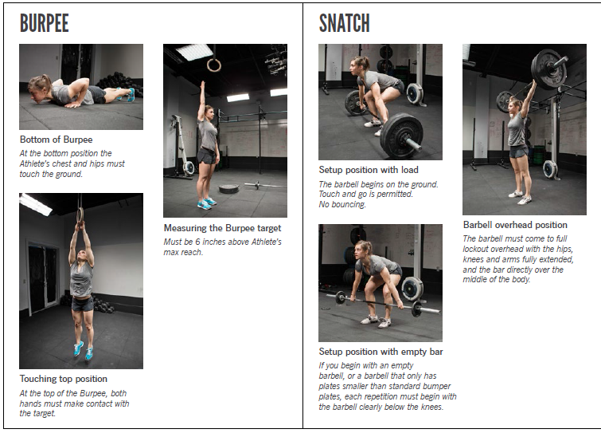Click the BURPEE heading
[x=45, y=23]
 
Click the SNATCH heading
[x=344, y=23]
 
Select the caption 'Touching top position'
[x=64, y=379]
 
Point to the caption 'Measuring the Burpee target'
[x=222, y=228]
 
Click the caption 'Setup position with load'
[x=369, y=170]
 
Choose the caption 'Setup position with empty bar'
[x=381, y=352]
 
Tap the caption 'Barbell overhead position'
[x=515, y=225]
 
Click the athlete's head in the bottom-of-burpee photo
[x=37, y=85]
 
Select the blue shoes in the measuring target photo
[x=205, y=203]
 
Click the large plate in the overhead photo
[x=548, y=68]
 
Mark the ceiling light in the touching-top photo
[x=35, y=205]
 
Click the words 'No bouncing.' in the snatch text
[x=342, y=204]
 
